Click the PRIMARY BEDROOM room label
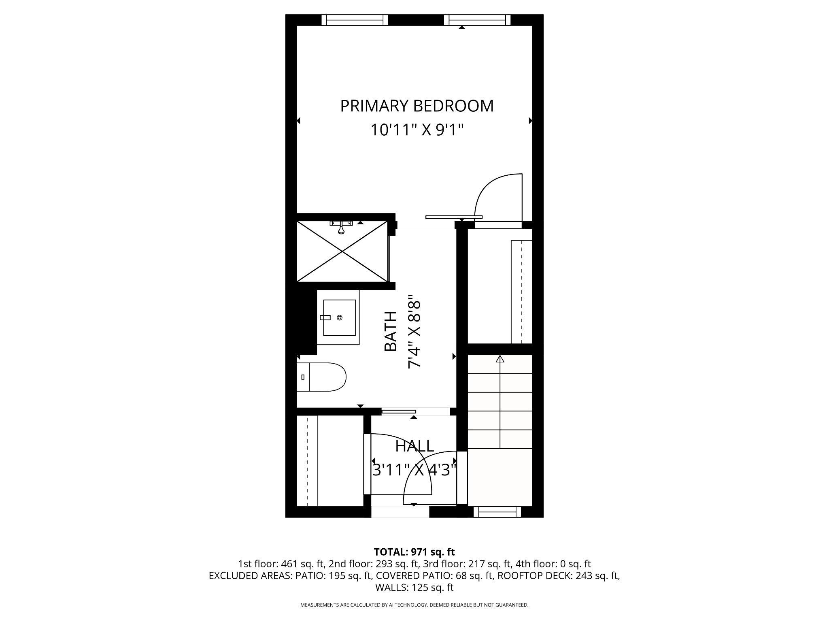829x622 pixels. tap(417, 106)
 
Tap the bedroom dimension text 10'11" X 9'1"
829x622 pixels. tap(417, 130)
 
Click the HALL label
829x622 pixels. tap(414, 446)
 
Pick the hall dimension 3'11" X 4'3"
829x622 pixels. tap(414, 471)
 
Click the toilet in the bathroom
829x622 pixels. tap(322, 377)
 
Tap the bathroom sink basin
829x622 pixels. tap(339, 318)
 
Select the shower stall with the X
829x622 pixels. tap(342, 252)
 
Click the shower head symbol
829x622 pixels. tap(341, 229)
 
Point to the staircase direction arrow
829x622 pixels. tap(500, 359)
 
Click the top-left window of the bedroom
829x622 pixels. tap(355, 20)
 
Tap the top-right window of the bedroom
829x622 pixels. tap(477, 20)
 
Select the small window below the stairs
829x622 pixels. tap(497, 512)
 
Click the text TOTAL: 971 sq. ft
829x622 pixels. tap(414, 552)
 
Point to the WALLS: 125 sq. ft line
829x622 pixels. tap(414, 588)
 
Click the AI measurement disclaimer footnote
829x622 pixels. tap(414, 605)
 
